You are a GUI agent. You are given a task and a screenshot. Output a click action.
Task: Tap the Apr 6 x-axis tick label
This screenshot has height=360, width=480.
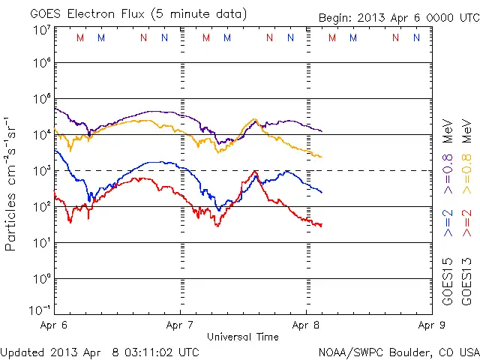[x=54, y=325]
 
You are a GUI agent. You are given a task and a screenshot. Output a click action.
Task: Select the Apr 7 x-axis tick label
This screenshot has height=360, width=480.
[x=180, y=325]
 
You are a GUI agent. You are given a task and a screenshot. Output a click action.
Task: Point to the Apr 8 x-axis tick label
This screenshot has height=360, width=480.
[x=306, y=325]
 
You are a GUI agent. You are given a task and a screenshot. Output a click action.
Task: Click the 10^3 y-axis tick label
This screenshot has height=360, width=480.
[x=40, y=171]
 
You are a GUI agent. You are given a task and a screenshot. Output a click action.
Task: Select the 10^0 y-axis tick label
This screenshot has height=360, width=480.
[x=40, y=278]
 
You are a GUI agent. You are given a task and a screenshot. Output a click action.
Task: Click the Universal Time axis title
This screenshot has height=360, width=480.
[x=243, y=337]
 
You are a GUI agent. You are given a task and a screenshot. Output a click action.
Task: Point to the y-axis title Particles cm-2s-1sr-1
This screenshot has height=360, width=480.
[x=12, y=183]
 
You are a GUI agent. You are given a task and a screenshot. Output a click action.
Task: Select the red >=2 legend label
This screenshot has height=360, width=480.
[x=466, y=223]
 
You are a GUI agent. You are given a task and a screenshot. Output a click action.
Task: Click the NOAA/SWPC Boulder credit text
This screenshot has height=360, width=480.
[x=398, y=352]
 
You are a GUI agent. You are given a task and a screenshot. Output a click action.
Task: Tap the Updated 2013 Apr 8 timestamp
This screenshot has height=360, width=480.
[x=100, y=352]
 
